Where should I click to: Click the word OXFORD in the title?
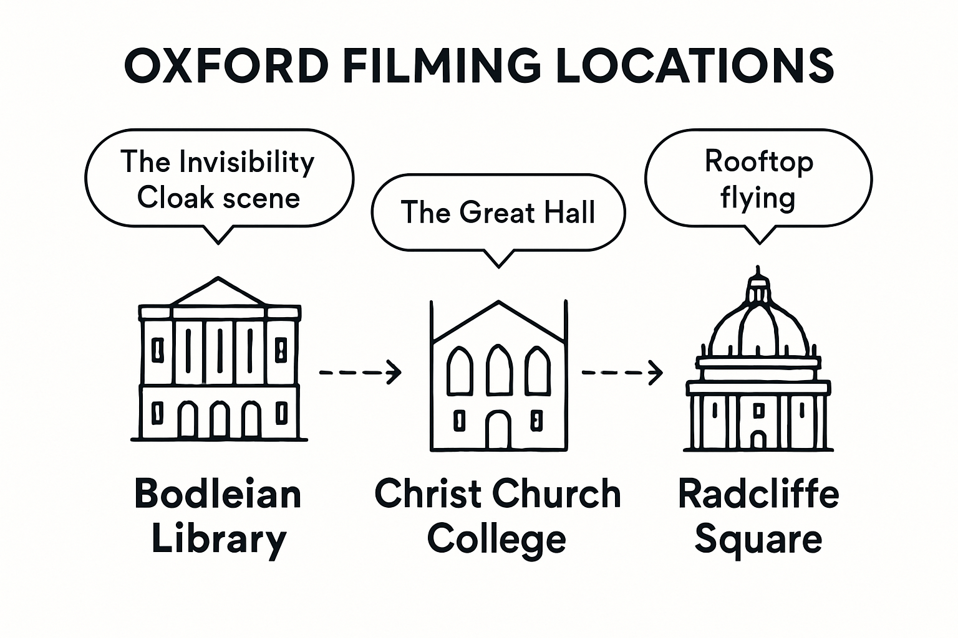[226, 65]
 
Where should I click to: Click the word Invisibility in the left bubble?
[246, 163]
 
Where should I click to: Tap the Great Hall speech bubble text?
[498, 212]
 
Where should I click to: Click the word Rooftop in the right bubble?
[758, 162]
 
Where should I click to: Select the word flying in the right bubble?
[758, 199]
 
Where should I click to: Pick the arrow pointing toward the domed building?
[622, 372]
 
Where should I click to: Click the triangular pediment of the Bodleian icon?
[218, 293]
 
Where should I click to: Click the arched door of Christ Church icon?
[498, 430]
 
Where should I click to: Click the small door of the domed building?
[758, 440]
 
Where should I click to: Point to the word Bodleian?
[218, 493]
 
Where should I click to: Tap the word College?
[496, 540]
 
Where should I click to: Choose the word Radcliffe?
[758, 493]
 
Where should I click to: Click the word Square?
[758, 540]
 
